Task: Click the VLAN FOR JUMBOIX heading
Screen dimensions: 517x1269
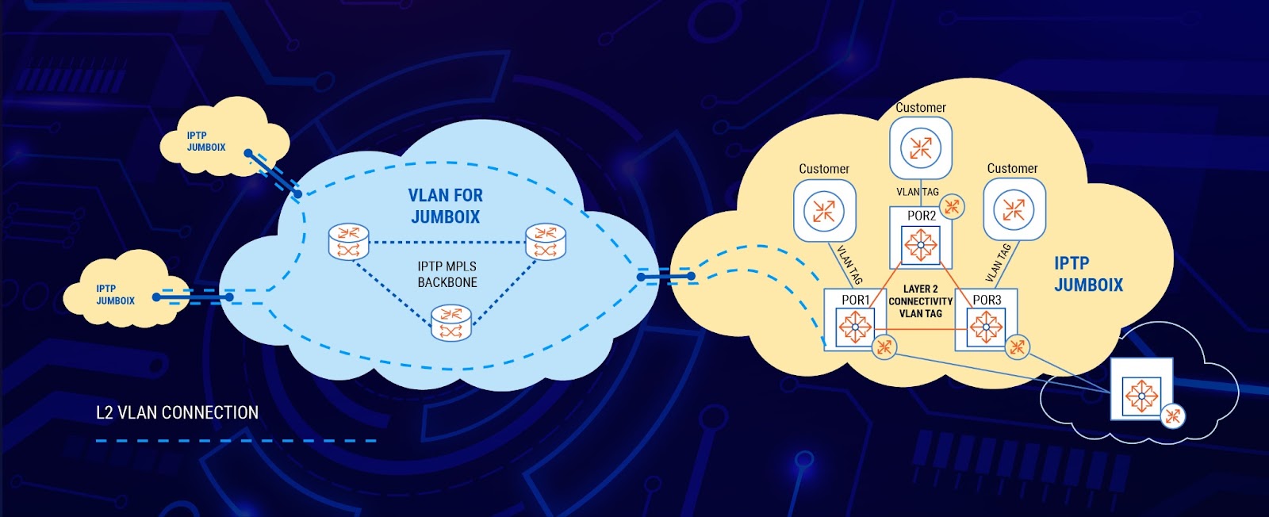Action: pos(445,205)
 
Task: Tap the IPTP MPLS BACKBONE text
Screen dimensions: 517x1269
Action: pos(447,274)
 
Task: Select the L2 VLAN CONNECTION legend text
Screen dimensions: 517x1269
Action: pos(177,412)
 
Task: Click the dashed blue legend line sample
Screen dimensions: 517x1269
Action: pos(236,441)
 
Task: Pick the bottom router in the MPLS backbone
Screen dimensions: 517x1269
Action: pos(451,323)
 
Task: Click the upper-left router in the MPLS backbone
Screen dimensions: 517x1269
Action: pos(349,241)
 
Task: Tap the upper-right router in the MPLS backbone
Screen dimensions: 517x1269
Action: pos(546,241)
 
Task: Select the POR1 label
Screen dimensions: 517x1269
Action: pos(856,300)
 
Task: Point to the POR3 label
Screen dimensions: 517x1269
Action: pos(987,300)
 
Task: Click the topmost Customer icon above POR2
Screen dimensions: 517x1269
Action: pos(920,147)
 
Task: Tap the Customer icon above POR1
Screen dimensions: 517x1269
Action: pos(824,210)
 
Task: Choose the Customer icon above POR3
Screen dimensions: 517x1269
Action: pos(1014,209)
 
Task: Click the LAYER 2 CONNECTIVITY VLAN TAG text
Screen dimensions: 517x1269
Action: pos(920,301)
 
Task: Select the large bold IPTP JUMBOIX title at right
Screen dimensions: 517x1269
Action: pos(1087,274)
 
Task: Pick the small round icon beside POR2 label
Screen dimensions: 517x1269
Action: pos(952,207)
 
